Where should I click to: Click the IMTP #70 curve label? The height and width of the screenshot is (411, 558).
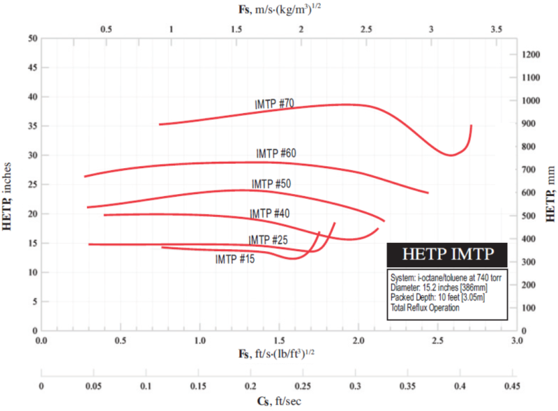[274, 104]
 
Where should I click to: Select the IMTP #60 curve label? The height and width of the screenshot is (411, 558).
[276, 154]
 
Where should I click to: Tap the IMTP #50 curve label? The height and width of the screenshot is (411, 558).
[271, 184]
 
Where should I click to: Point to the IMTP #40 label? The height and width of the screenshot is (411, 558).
[269, 214]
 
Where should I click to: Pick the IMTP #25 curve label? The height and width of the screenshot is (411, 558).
[268, 239]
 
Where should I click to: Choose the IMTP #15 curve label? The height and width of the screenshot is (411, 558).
[235, 259]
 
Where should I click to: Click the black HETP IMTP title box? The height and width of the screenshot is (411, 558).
[447, 255]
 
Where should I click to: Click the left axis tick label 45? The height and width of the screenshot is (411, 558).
[33, 67]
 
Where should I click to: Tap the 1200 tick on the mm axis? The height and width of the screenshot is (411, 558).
[531, 54]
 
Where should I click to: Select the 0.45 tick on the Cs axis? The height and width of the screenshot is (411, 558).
[512, 386]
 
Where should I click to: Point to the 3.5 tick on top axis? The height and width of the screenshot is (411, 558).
[496, 29]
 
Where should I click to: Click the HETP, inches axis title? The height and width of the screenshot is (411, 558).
[7, 197]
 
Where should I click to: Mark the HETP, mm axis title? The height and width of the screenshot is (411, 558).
[550, 194]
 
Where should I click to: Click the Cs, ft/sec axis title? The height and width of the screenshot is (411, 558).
[279, 401]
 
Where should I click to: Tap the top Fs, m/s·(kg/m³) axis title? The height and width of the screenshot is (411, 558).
[280, 9]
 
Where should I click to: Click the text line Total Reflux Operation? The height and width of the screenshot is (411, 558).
[425, 308]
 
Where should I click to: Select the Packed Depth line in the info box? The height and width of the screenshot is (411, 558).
[437, 297]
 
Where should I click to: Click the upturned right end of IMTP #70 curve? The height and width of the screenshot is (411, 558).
[472, 126]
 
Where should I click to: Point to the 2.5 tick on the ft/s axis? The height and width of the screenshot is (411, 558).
[437, 341]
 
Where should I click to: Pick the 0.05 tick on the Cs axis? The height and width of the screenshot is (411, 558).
[93, 386]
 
